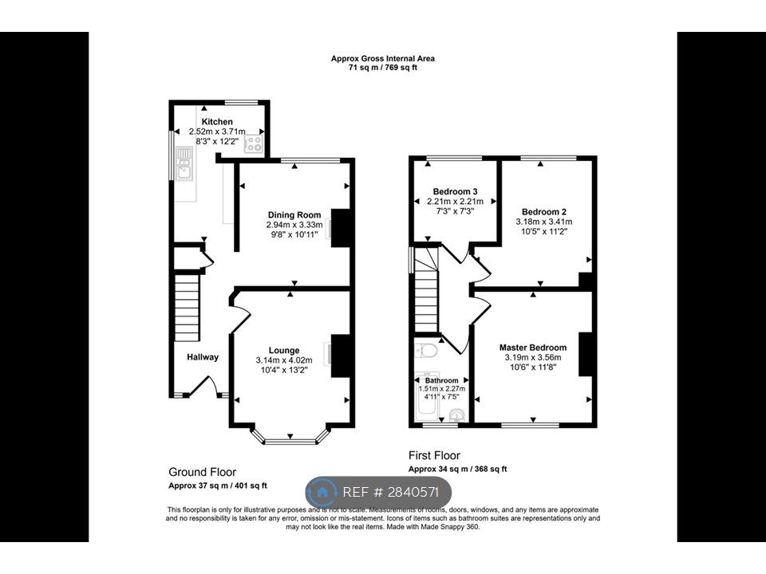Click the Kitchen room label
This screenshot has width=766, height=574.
coord(217,121)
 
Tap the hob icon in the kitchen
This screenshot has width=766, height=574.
coord(254,144)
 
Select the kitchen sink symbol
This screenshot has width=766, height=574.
coord(184,167)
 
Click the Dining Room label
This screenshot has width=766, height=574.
coord(294,214)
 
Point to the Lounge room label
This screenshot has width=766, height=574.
coord(284,350)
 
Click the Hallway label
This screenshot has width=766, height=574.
coord(203,357)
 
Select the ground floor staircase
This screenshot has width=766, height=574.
coord(186,307)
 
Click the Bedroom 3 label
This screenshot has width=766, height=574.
coord(455,191)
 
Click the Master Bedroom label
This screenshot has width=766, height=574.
coord(533,348)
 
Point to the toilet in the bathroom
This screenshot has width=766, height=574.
coord(427,351)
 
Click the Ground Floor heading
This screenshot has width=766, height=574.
coord(202,472)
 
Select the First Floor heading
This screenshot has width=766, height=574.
coord(434,455)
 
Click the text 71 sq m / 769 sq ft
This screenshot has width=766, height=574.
coord(383,69)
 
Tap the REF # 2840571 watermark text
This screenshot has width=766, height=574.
coord(391,492)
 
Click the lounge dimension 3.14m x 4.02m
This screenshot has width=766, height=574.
coord(284,360)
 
